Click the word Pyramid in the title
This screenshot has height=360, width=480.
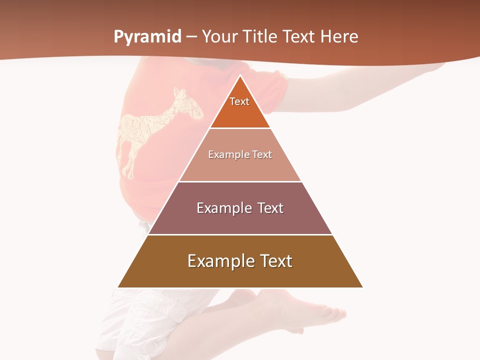147,37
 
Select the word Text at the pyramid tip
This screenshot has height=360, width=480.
239,101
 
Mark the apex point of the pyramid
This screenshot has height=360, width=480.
240,76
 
